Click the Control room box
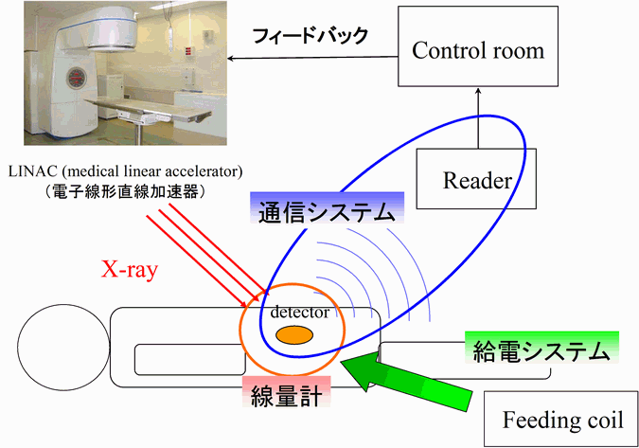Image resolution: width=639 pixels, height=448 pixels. click(478, 46)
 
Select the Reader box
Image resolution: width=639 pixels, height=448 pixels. click(476, 179)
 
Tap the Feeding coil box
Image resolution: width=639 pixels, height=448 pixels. click(561, 419)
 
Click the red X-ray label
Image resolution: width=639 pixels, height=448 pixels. click(129, 269)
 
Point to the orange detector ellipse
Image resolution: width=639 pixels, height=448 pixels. click(294, 335)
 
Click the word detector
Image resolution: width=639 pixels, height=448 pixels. click(299, 313)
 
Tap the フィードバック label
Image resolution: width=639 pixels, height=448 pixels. click(311, 36)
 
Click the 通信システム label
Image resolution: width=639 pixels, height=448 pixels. click(327, 212)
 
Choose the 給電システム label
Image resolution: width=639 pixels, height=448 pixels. click(541, 351)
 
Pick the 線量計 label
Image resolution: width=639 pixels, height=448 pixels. click(286, 395)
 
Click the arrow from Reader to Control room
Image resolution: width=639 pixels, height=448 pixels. click(478, 117)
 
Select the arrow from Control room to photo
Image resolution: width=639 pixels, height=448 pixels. click(312, 58)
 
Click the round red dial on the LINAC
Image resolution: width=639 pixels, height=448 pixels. click(77, 79)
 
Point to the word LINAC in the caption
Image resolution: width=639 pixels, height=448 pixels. click(32, 171)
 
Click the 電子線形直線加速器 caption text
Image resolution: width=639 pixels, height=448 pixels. click(126, 190)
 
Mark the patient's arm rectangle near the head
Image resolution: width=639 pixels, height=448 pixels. click(190, 360)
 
